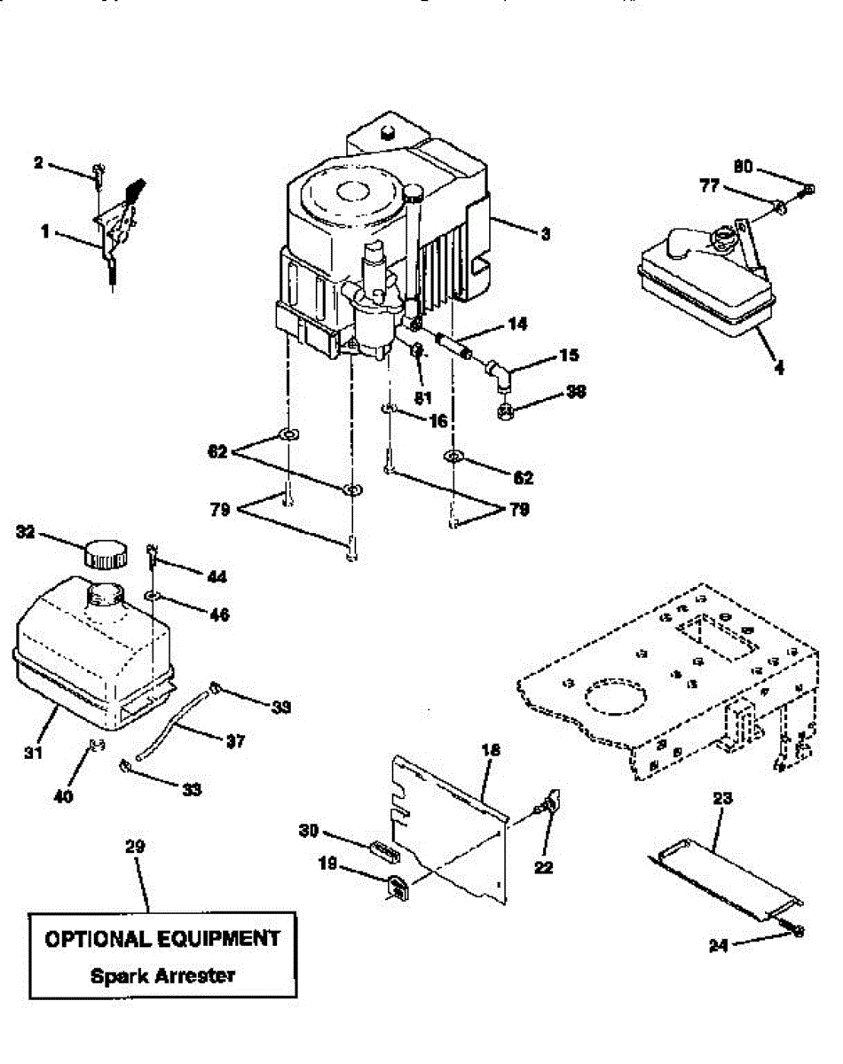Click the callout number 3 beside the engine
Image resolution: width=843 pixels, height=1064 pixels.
tap(545, 234)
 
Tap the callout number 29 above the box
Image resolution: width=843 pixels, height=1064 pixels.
tap(134, 847)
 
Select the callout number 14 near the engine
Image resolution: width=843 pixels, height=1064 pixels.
tap(517, 325)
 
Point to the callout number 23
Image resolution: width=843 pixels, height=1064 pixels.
tap(721, 798)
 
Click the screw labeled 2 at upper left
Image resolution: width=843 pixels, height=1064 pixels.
tap(98, 169)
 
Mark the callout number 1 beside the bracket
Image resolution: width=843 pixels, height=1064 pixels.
tap(44, 232)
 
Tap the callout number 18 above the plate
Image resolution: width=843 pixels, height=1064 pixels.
tap(490, 750)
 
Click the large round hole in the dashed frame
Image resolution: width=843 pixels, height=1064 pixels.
tap(612, 696)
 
